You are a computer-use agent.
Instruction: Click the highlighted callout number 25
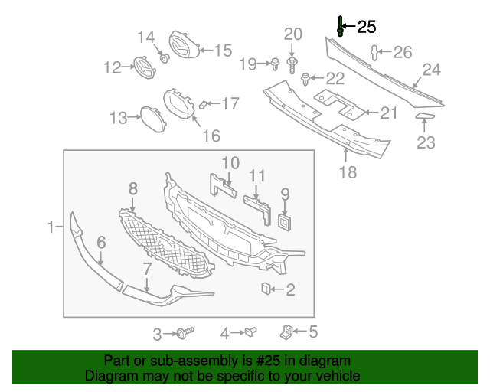(x=367, y=27)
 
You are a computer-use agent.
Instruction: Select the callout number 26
(x=403, y=52)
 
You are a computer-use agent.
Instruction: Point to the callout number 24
(x=432, y=70)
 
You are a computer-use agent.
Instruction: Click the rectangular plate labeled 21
(x=337, y=105)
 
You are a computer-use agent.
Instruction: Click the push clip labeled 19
(x=273, y=63)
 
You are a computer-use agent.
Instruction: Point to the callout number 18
(x=348, y=172)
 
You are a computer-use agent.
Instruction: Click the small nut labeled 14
(x=164, y=57)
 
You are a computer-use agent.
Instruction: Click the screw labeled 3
(x=184, y=333)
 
